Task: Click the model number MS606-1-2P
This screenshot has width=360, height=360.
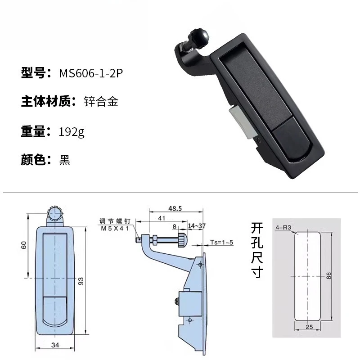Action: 90,73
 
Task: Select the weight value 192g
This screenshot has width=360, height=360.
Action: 72,132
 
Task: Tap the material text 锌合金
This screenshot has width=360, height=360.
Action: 101,102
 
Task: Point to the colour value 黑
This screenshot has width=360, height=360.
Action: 64,160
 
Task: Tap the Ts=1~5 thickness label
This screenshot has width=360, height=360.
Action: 221,243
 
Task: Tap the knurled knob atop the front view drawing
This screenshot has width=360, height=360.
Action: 54,212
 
